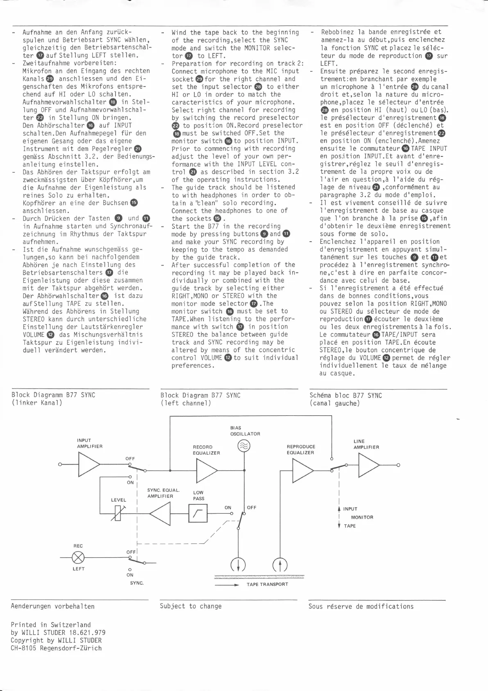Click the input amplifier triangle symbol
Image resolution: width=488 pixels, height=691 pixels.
88,464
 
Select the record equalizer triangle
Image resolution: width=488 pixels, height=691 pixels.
207,470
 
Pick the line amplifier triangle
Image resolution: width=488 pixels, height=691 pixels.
368,465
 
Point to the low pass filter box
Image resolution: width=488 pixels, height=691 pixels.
198,513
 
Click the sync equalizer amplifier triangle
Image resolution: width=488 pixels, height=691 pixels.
160,513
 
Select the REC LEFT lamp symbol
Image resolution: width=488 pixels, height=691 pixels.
78,558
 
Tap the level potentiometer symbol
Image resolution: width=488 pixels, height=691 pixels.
118,513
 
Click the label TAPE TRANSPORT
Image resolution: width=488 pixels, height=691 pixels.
267,584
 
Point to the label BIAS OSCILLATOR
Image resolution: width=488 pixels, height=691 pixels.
245,431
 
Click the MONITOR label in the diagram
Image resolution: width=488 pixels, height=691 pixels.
362,517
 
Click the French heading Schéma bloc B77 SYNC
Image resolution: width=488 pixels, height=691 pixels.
345,396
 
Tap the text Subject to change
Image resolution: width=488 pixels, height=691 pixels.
191,606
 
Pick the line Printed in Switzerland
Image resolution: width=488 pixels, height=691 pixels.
51,625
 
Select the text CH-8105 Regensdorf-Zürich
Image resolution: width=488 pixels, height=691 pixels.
56,648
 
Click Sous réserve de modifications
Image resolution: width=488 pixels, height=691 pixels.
361,606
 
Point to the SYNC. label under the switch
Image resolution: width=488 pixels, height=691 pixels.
137,583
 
